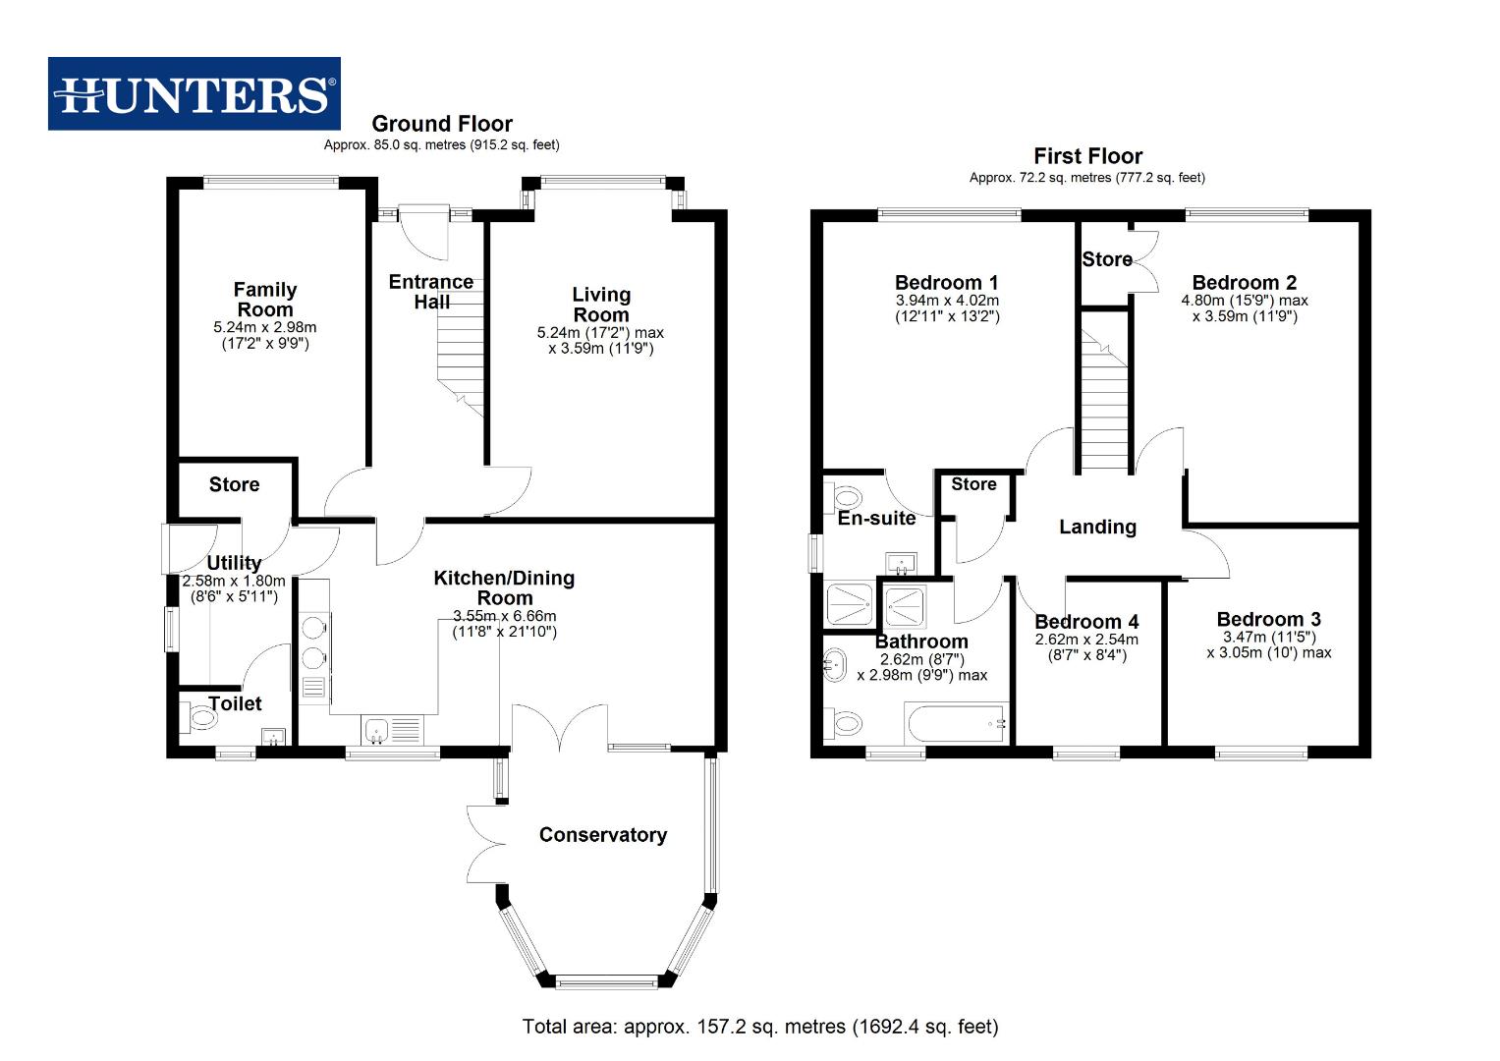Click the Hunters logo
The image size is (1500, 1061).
(194, 94)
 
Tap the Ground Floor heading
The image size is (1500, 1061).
(441, 124)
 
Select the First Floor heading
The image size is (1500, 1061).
(1087, 156)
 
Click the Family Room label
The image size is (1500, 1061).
(264, 300)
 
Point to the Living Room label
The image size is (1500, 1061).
(600, 305)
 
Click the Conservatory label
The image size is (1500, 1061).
(602, 835)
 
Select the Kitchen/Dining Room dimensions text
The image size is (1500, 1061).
(504, 624)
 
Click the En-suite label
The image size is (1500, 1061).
(876, 518)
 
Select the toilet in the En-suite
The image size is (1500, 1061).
(845, 496)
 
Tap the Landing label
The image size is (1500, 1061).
(1097, 527)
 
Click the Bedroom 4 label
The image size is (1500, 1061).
(1086, 622)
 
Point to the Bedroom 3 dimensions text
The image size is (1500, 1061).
(1268, 644)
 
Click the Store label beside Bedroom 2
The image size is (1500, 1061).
(1106, 259)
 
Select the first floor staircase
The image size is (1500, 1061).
(1103, 393)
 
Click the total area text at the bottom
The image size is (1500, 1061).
(759, 1027)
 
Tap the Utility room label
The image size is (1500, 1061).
(234, 563)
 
